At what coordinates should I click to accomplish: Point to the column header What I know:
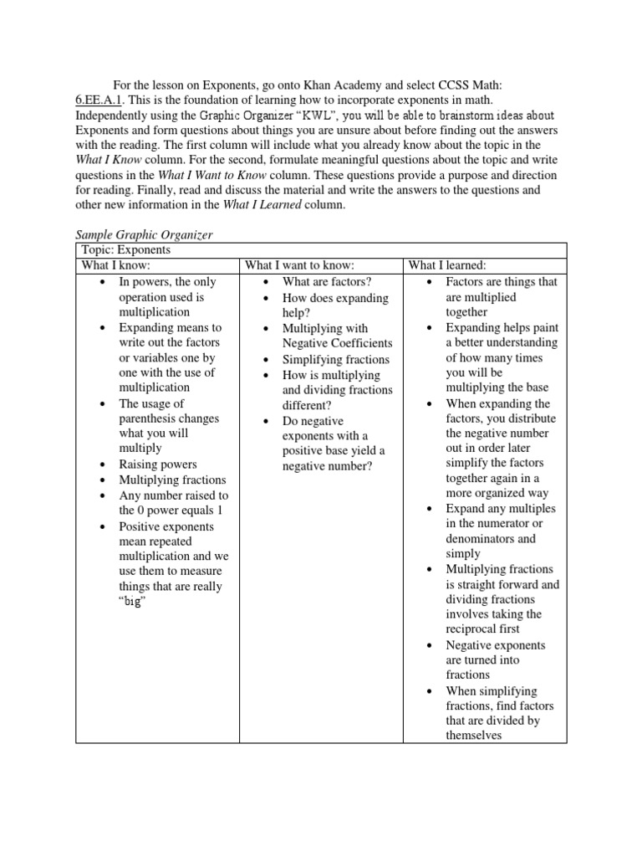(115, 265)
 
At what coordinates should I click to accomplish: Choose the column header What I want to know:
(293, 265)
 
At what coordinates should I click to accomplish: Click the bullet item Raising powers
(158, 464)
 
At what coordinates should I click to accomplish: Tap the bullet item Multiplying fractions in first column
(172, 480)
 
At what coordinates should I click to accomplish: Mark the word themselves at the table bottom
(473, 735)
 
